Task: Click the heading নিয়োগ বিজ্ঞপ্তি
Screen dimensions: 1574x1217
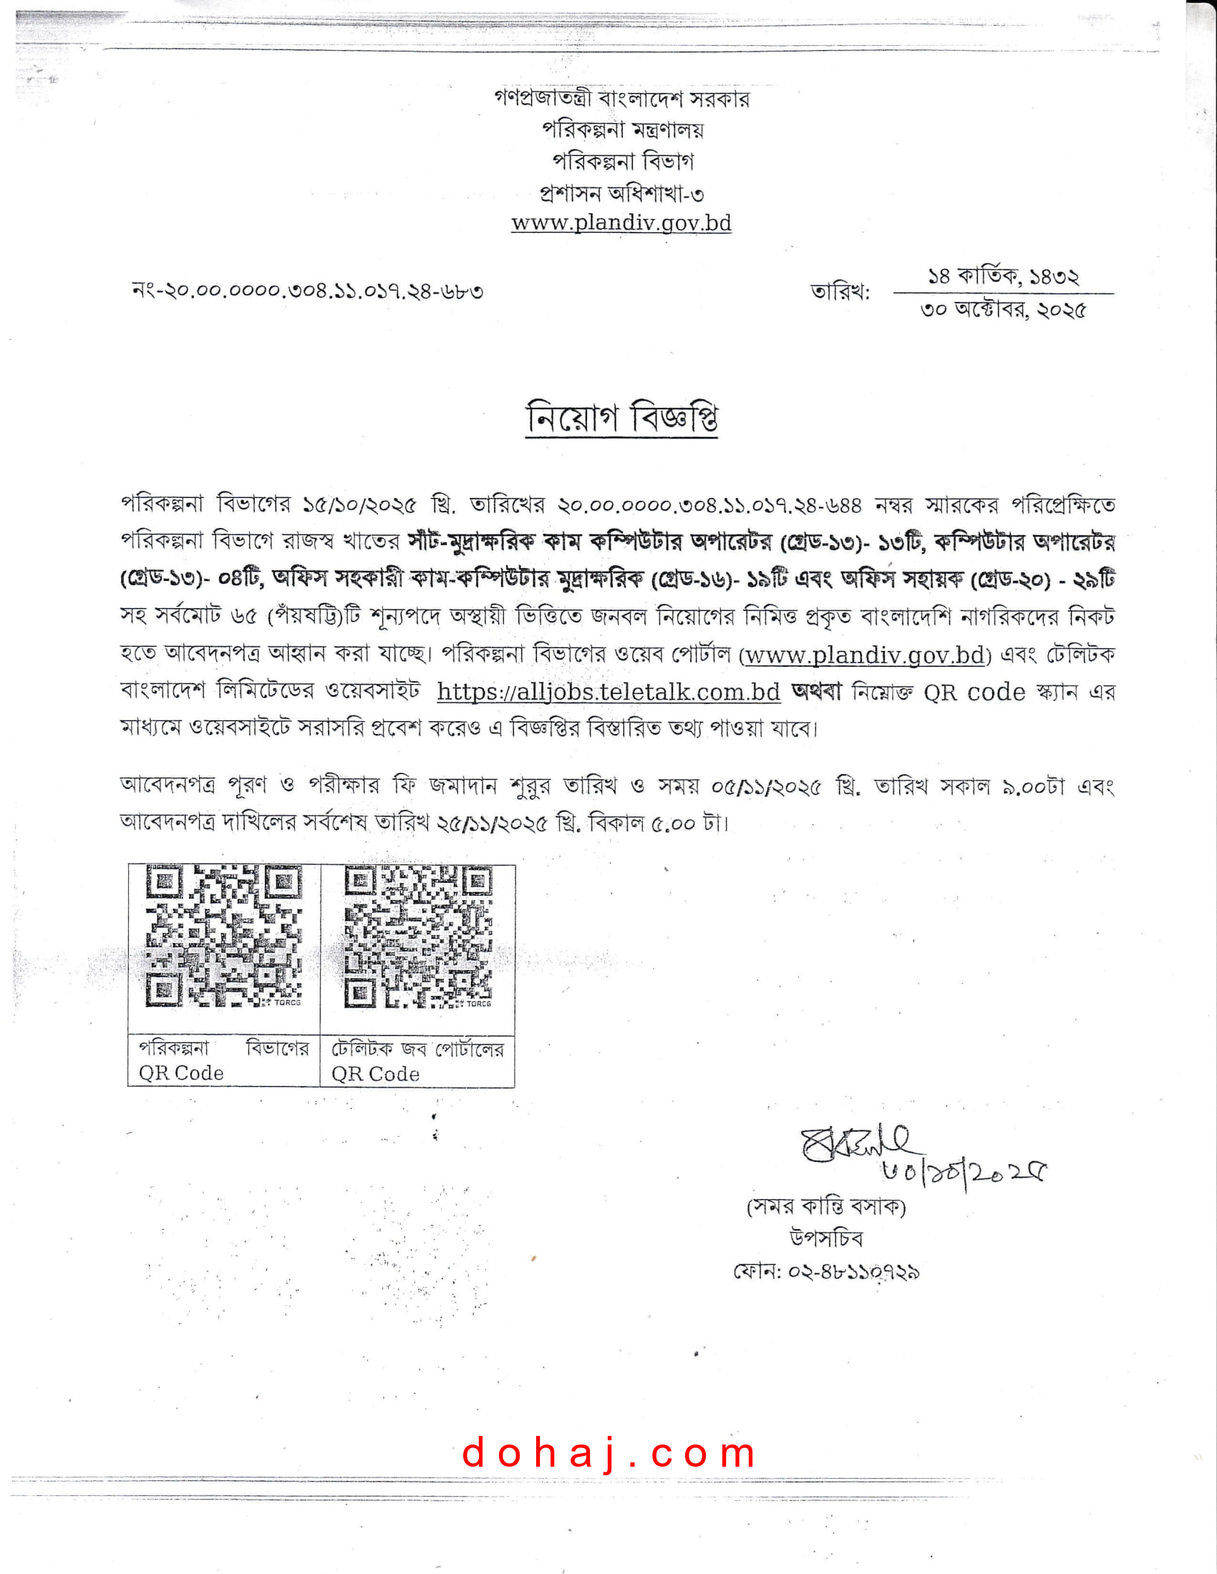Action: tap(621, 417)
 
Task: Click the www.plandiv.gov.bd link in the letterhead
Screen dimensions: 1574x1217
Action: tap(621, 223)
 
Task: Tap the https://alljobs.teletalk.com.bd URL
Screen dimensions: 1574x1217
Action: tap(608, 692)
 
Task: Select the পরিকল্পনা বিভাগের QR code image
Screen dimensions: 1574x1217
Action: tap(223, 937)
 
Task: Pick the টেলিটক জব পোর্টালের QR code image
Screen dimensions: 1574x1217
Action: tap(418, 937)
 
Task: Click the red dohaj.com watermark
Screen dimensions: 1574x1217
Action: tap(609, 1452)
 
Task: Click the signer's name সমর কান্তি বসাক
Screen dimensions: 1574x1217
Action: tap(826, 1206)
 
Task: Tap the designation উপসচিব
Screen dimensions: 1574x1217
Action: tap(826, 1238)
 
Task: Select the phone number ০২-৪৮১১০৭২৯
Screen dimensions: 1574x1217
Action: tap(853, 1271)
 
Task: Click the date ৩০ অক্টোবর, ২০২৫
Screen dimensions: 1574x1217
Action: tap(1003, 311)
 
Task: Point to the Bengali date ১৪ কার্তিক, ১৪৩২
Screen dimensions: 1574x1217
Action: tap(1003, 276)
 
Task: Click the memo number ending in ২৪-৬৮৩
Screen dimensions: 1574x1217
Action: tap(308, 291)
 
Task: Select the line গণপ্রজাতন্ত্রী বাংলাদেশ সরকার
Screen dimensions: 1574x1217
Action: tap(621, 99)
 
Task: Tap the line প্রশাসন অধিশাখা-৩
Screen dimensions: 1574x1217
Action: tap(621, 193)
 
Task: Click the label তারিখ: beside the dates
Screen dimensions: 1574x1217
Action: tap(840, 293)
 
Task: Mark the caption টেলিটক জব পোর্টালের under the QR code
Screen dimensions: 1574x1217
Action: tap(417, 1049)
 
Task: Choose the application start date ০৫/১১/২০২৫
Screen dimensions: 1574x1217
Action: tap(766, 787)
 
